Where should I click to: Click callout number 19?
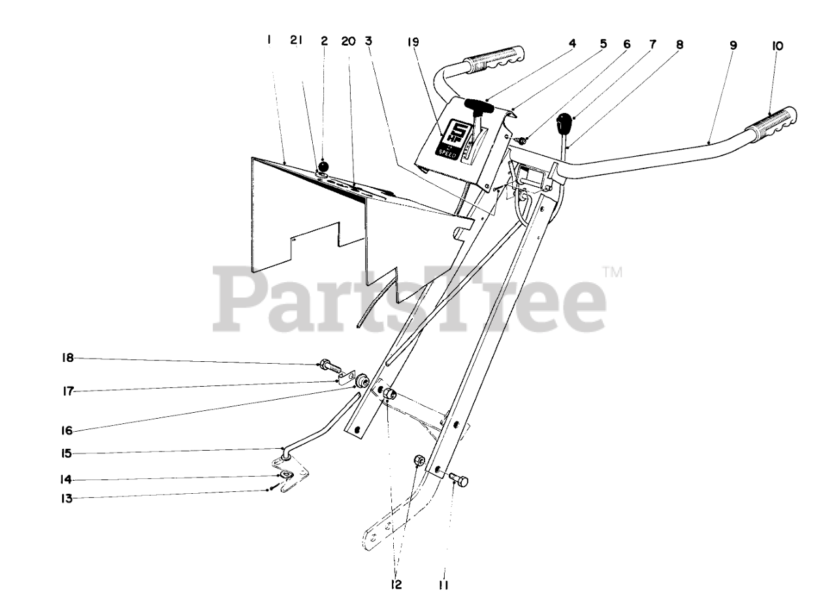(412, 42)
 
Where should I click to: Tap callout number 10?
(777, 46)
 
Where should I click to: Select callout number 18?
(68, 358)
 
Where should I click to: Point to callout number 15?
(68, 453)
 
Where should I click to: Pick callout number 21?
(297, 40)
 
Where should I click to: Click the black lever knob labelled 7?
(564, 122)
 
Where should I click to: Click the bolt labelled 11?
(460, 480)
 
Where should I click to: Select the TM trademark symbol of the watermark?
(611, 271)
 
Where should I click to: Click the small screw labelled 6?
(522, 140)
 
